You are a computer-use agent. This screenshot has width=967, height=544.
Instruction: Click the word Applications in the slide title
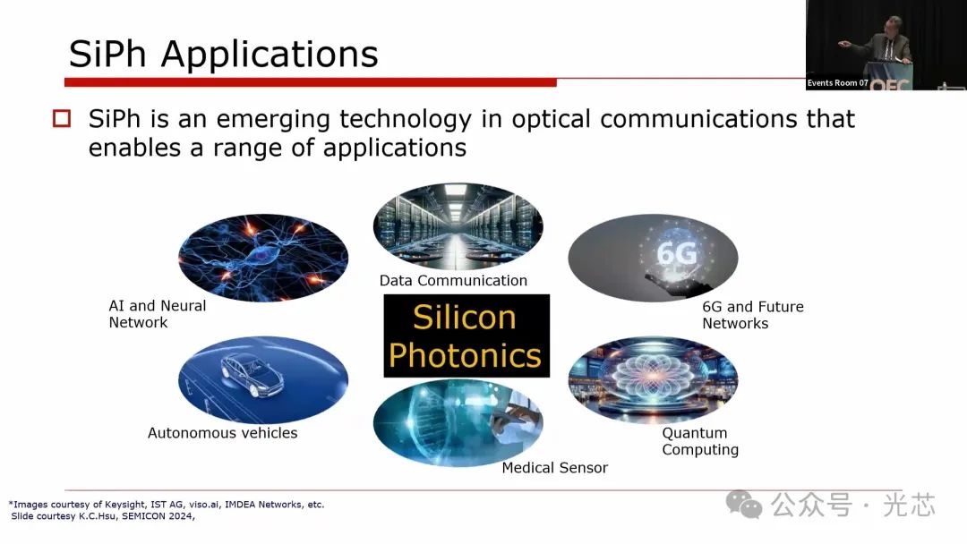(270, 55)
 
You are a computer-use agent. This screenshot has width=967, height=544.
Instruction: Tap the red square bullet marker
(62, 118)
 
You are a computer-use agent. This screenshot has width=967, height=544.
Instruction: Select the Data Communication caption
(453, 281)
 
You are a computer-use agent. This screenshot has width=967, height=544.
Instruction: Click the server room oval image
(458, 225)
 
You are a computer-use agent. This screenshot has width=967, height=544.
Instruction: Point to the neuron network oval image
(263, 258)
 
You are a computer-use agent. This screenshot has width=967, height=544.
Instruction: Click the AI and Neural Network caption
(158, 314)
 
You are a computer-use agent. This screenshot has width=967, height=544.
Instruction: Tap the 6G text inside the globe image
(677, 253)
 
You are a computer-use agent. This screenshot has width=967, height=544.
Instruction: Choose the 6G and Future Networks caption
(753, 315)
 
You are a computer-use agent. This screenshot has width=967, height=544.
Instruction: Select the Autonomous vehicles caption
(223, 433)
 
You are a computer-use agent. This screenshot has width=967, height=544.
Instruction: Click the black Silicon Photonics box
(466, 336)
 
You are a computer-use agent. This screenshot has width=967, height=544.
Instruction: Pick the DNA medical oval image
(458, 422)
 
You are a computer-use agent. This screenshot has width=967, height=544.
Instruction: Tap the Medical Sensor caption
(555, 468)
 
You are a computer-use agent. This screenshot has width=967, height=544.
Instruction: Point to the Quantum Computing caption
(700, 441)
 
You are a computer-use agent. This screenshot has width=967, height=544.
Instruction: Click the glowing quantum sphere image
(653, 379)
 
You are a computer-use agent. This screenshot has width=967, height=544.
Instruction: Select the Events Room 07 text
(837, 82)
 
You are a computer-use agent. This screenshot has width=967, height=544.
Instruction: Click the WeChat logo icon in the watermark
(744, 505)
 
